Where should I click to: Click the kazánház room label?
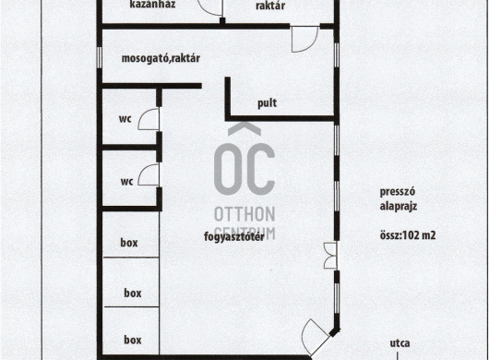(152, 5)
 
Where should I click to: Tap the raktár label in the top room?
(270, 6)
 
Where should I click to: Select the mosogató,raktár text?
(161, 58)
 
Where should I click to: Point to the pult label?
(268, 103)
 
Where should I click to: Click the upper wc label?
(125, 119)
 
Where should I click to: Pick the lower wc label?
(126, 182)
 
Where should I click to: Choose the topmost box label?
(129, 243)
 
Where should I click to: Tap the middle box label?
(133, 293)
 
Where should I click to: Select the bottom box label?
(133, 340)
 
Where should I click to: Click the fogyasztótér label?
(234, 237)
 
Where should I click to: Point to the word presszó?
(398, 192)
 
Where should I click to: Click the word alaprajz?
(399, 206)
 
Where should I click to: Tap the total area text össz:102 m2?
(408, 234)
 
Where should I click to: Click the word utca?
(400, 343)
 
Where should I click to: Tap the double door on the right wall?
(330, 256)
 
